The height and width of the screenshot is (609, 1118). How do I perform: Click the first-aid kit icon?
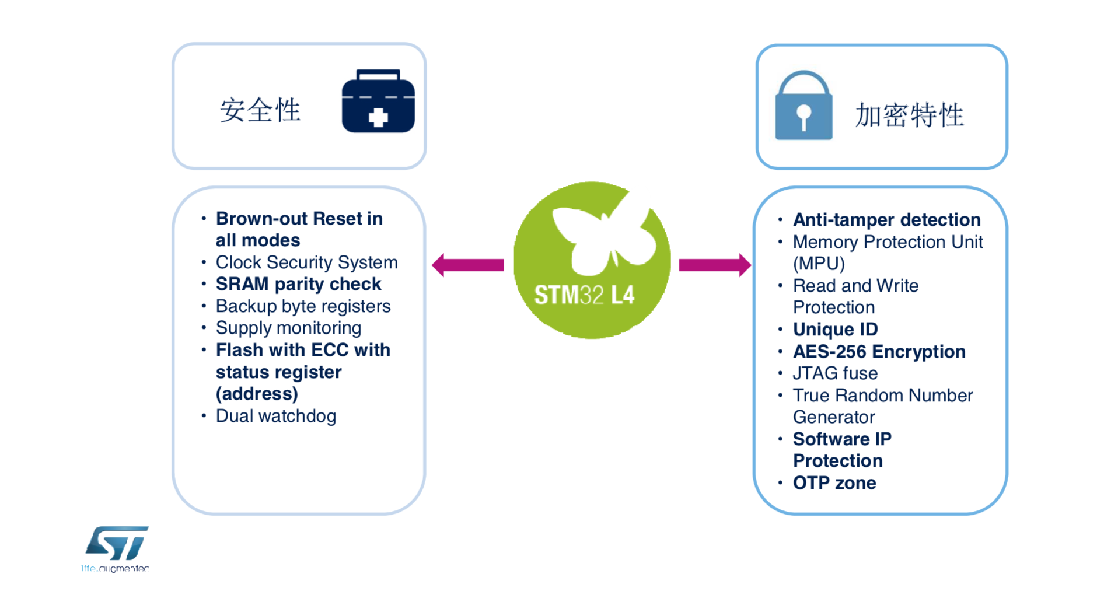pos(378,101)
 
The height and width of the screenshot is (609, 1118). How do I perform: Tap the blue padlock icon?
pos(803,107)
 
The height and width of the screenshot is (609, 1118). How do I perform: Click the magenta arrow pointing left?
pos(467,265)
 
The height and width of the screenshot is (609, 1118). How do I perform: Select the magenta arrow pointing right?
pos(715,265)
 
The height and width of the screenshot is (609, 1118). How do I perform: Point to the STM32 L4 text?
pos(584,295)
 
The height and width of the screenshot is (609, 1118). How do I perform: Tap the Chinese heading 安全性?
pos(260,110)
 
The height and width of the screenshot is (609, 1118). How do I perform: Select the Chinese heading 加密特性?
pos(909,115)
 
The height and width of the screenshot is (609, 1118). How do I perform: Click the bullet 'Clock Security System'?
pos(306,262)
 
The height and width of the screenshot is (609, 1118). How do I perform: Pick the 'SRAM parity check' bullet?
pos(298,284)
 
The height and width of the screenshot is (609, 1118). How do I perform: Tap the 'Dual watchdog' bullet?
pos(275,416)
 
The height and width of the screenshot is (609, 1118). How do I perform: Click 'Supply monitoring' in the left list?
pos(288,328)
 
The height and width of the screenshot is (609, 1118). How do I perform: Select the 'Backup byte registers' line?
pos(303,306)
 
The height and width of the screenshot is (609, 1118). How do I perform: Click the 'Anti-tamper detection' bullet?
pos(886,220)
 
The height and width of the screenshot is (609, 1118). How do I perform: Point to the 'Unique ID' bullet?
pos(835,330)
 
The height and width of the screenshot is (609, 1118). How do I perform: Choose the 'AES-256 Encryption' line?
pos(879,352)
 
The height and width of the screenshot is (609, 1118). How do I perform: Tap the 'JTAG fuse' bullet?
pos(835,373)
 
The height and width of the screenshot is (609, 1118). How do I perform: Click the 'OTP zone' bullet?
pos(834,483)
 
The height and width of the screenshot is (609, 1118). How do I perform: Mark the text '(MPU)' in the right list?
pos(819,264)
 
